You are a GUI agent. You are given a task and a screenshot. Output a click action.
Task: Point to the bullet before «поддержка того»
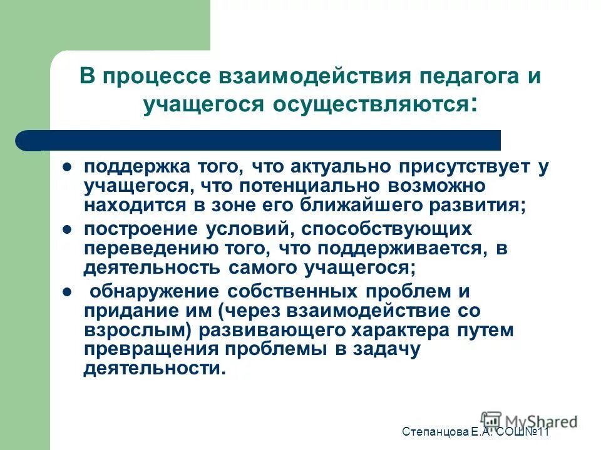tap(68, 167)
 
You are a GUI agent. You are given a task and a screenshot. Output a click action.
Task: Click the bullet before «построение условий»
tap(68, 229)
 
